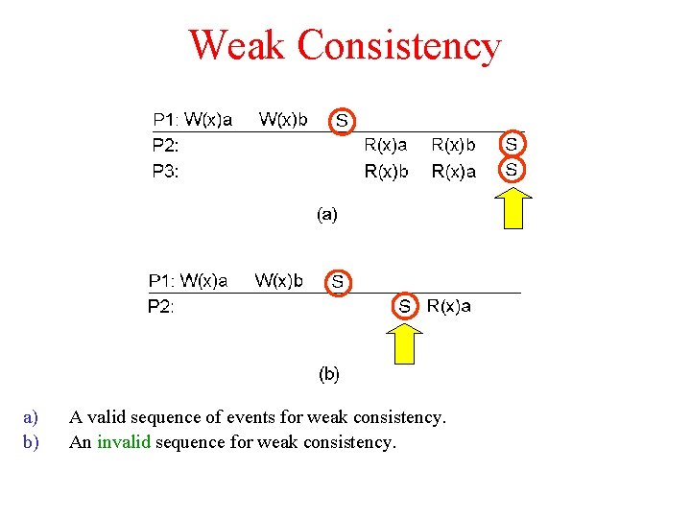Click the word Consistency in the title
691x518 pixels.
pos(399,45)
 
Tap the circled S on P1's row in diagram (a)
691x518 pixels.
pos(342,120)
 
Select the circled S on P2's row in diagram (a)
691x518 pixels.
pos(512,144)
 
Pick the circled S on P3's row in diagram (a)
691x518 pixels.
pos(512,169)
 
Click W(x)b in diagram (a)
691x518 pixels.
pos(284,120)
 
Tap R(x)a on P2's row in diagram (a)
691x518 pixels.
pos(385,145)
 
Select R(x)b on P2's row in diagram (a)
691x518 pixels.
pos(454,145)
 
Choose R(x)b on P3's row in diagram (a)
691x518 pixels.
pos(385,172)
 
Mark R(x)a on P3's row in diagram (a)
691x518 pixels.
pos(454,172)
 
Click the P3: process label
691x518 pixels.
pos(166,172)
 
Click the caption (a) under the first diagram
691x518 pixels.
pos(327,215)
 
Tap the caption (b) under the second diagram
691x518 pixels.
pos(328,373)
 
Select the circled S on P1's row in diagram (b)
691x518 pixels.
pos(338,282)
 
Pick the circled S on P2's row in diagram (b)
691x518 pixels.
pos(405,306)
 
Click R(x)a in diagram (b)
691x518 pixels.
pos(448,306)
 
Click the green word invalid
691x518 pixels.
pos(124,442)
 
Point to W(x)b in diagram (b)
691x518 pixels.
pos(279,281)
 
